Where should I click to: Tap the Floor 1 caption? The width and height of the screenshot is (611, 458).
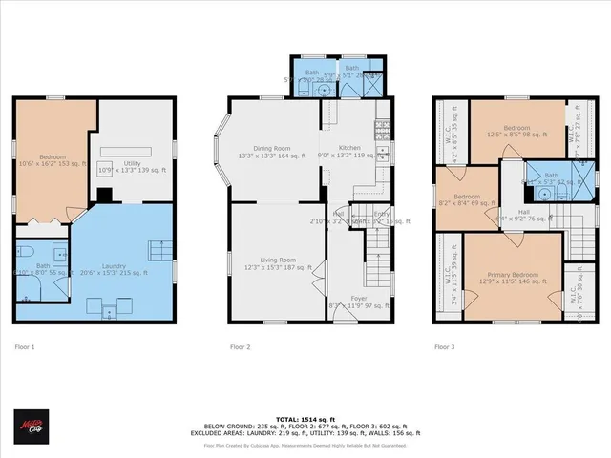[25, 347]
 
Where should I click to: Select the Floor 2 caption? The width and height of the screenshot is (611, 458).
[241, 347]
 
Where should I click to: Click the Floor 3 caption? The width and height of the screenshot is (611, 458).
[444, 347]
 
